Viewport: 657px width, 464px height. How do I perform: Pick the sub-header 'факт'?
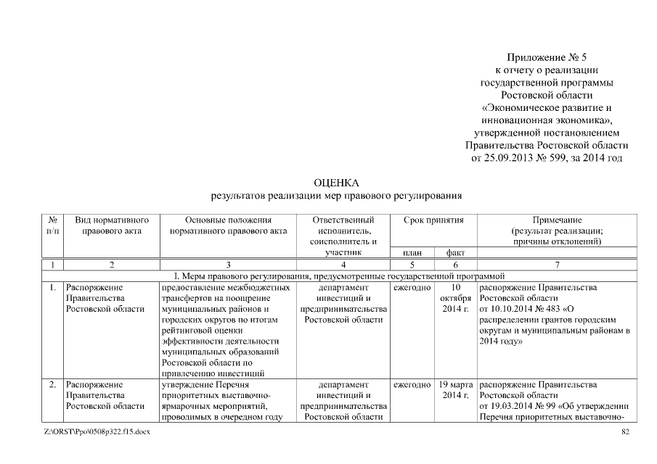[x=455, y=252]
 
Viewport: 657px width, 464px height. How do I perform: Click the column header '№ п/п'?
[x=52, y=225]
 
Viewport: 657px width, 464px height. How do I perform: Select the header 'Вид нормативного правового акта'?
[x=112, y=225]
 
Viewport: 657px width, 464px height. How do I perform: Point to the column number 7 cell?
[x=557, y=265]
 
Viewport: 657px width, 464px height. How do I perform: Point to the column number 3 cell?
[x=228, y=265]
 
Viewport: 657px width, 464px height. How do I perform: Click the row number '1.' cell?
[x=52, y=288]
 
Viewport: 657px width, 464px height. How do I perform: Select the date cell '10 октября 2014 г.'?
[x=455, y=299]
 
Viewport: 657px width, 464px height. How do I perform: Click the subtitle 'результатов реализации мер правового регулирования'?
[x=336, y=196]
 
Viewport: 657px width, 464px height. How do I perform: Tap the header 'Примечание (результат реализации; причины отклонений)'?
[x=557, y=230]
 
